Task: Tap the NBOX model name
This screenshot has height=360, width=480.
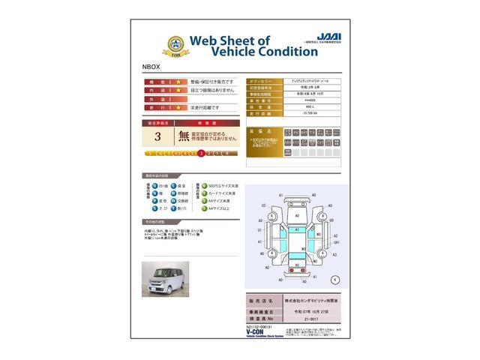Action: point(151,66)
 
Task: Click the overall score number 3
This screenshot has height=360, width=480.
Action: point(157,136)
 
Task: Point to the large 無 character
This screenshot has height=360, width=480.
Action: point(184,136)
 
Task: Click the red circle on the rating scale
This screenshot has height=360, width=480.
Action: point(201,153)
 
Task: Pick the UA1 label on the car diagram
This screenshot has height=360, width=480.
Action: point(337,242)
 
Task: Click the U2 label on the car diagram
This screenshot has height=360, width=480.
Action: point(264,205)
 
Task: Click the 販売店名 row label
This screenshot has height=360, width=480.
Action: point(261,298)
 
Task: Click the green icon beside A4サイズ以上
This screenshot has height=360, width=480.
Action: point(198,210)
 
